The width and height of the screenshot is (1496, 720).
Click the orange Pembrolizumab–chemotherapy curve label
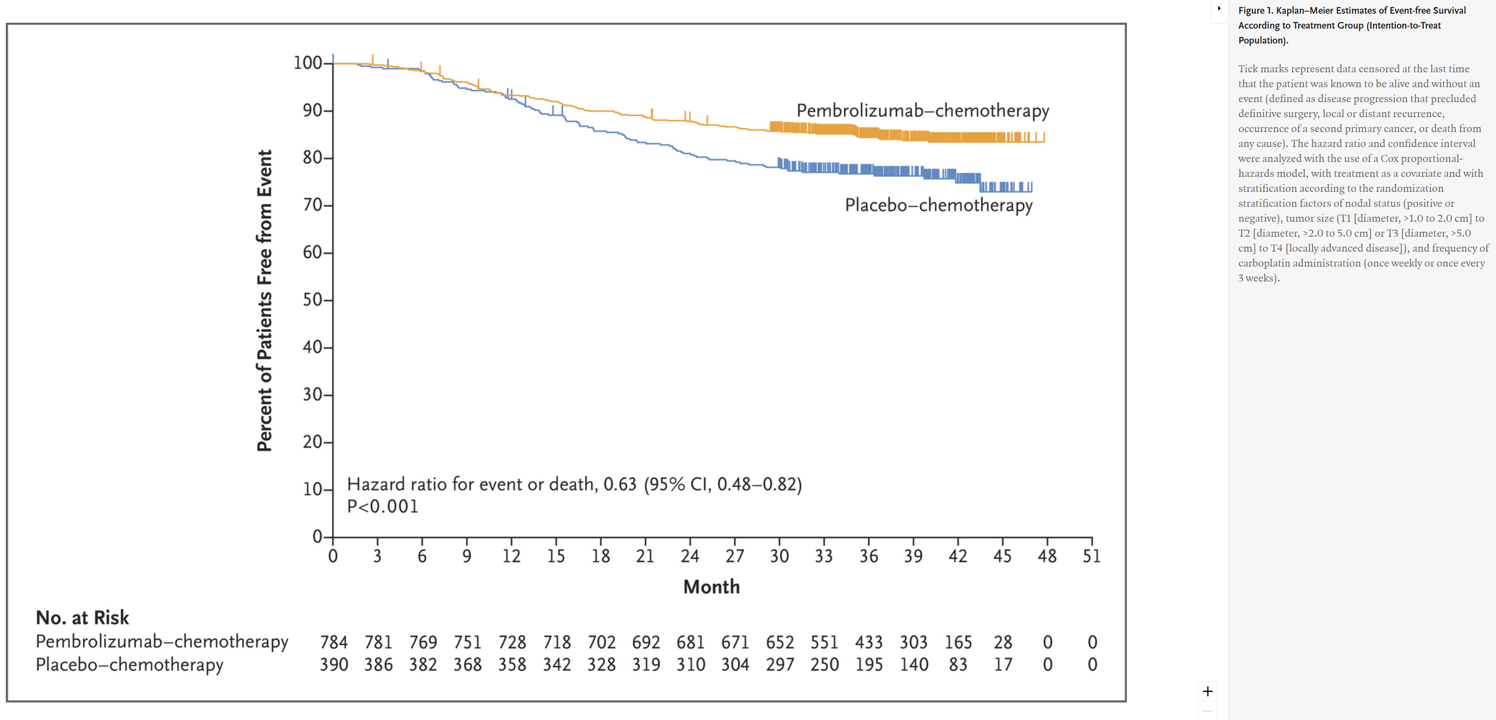pyautogui.click(x=922, y=110)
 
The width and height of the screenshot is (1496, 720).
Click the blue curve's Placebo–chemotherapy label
pyautogui.click(x=938, y=205)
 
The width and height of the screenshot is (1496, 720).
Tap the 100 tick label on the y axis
pyautogui.click(x=307, y=63)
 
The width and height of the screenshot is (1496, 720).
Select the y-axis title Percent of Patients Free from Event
pyautogui.click(x=264, y=300)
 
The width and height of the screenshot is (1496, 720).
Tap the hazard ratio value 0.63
pyautogui.click(x=619, y=484)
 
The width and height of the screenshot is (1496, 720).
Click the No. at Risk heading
pyautogui.click(x=83, y=617)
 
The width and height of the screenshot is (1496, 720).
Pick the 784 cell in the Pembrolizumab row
pyautogui.click(x=334, y=642)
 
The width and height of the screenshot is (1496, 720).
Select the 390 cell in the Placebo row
pyautogui.click(x=334, y=664)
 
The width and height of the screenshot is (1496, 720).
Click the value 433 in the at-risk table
pyautogui.click(x=869, y=642)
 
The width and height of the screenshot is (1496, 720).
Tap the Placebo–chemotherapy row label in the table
pyautogui.click(x=129, y=664)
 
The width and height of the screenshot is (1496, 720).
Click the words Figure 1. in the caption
pyautogui.click(x=1255, y=10)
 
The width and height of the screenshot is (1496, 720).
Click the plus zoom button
pyautogui.click(x=1207, y=691)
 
